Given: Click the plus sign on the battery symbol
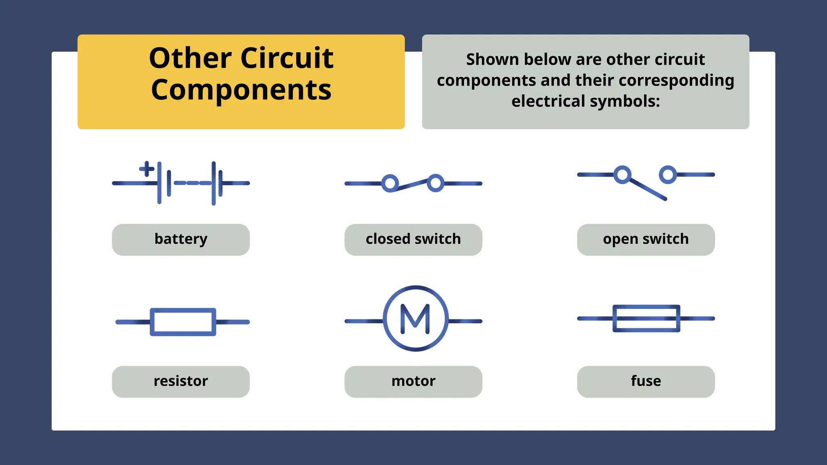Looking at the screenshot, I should point(147,169).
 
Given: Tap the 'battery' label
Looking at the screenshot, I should point(181,239).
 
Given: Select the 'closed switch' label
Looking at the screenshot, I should point(413,239).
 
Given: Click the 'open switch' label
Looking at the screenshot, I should point(646,239).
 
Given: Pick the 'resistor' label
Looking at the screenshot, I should point(181,381).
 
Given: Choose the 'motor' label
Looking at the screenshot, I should point(413,381).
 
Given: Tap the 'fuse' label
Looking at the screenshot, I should point(646,381).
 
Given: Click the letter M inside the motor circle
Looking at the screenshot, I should point(415,319).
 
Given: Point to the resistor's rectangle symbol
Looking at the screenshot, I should point(183,322).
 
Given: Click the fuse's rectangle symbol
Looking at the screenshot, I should point(646,318).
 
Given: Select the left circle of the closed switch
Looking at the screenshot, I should point(390,183).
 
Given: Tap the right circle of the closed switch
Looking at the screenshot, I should point(436,183).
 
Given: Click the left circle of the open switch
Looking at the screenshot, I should point(622,175).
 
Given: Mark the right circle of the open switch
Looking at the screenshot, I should point(668,175).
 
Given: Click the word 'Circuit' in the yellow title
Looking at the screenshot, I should point(287,58).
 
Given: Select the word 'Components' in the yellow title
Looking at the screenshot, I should point(241,90).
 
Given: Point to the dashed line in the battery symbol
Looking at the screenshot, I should point(193,183).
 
